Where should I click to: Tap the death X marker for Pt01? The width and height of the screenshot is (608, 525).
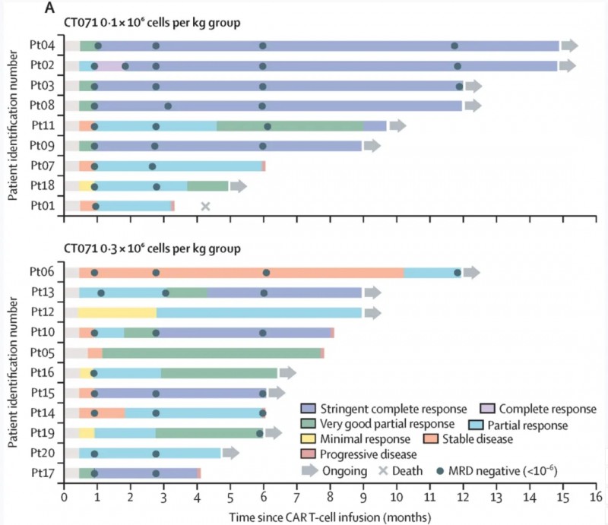point(205,206)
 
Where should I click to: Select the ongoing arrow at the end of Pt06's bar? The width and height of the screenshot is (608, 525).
point(472,273)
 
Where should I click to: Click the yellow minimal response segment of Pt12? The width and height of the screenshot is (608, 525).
point(117,312)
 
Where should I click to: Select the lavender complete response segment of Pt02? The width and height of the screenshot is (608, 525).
point(110,66)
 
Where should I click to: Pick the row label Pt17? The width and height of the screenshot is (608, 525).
point(42,473)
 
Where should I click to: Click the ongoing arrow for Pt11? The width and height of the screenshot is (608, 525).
point(397,126)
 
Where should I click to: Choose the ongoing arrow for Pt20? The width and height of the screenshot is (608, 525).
point(230,453)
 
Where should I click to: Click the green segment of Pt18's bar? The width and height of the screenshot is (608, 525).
point(207,185)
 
